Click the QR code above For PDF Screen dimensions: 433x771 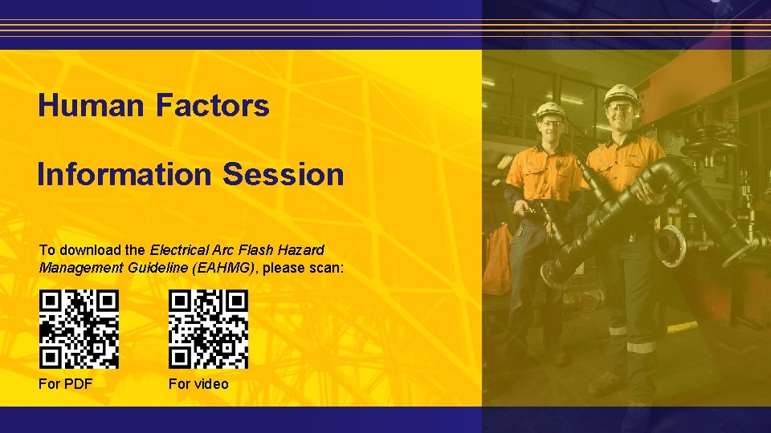pyautogui.click(x=80, y=329)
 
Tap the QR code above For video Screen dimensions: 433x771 pyautogui.click(x=209, y=329)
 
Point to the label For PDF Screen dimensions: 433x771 pyautogui.click(x=66, y=384)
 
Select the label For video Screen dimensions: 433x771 pyautogui.click(x=198, y=384)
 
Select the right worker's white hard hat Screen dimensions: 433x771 pyautogui.click(x=621, y=95)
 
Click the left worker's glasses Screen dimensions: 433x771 pyautogui.click(x=553, y=123)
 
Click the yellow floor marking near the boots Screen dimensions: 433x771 pyautogui.click(x=683, y=327)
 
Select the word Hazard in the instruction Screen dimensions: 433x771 pyautogui.click(x=299, y=249)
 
